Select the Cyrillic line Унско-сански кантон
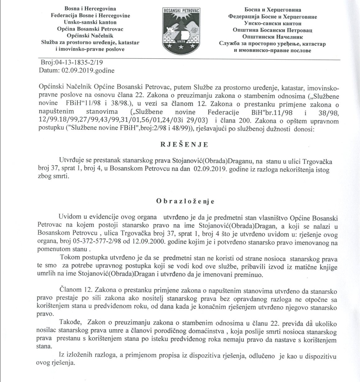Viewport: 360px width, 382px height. (273, 23)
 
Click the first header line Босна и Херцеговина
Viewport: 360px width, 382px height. (273, 10)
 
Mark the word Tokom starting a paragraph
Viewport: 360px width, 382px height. (67, 258)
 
